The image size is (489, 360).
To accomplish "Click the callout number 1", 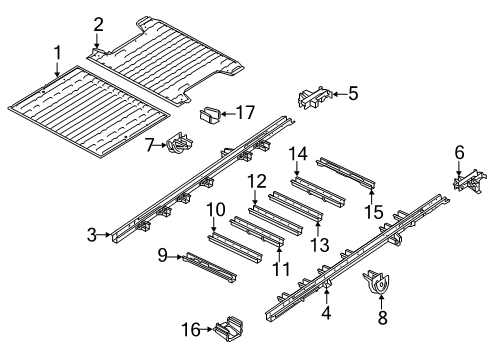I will (x=57, y=52).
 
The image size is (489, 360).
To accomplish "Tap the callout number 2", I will (x=98, y=24).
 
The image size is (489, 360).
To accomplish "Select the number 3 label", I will (x=91, y=235).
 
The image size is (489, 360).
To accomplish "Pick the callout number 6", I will (x=459, y=151).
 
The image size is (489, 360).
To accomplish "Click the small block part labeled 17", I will (x=211, y=114).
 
